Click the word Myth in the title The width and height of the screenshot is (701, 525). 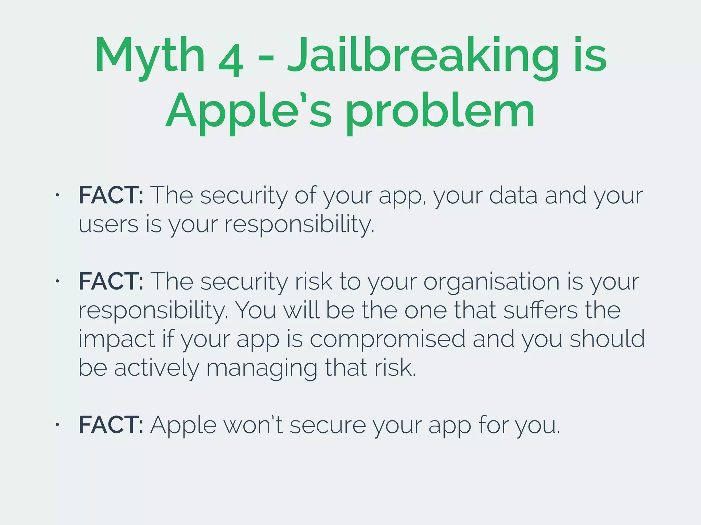tap(150, 56)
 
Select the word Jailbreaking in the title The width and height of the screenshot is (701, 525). tap(423, 56)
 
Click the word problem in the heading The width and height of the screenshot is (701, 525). tap(441, 111)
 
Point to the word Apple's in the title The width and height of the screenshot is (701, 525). tap(249, 111)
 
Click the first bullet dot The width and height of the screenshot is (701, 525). tap(58, 195)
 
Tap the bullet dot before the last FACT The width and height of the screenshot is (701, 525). tap(58, 425)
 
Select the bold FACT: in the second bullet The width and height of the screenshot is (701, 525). tap(111, 281)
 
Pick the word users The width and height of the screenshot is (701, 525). tap(108, 225)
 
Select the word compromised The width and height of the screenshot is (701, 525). tap(387, 339)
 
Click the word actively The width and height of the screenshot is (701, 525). tap(156, 367)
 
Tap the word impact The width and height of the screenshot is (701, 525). tap(117, 339)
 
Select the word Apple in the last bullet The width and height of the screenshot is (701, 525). tap(183, 426)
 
